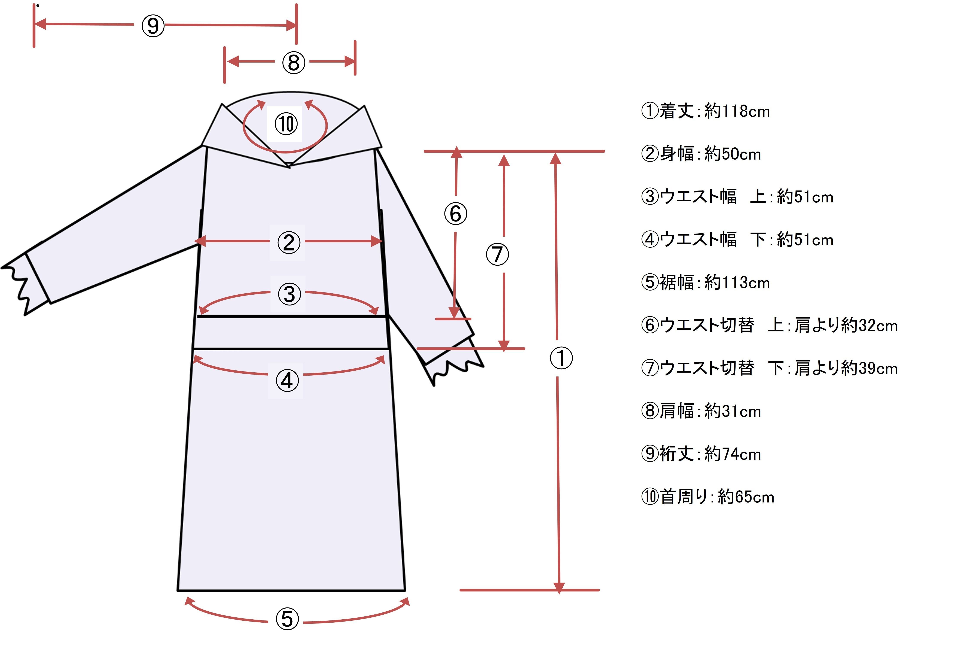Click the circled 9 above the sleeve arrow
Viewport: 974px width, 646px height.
pos(153,26)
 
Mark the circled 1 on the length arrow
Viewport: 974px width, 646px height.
pos(561,358)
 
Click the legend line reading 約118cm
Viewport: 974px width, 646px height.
pos(705,111)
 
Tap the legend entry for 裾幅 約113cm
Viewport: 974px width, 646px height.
pos(705,283)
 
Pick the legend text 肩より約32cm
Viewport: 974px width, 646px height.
pos(845,325)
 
